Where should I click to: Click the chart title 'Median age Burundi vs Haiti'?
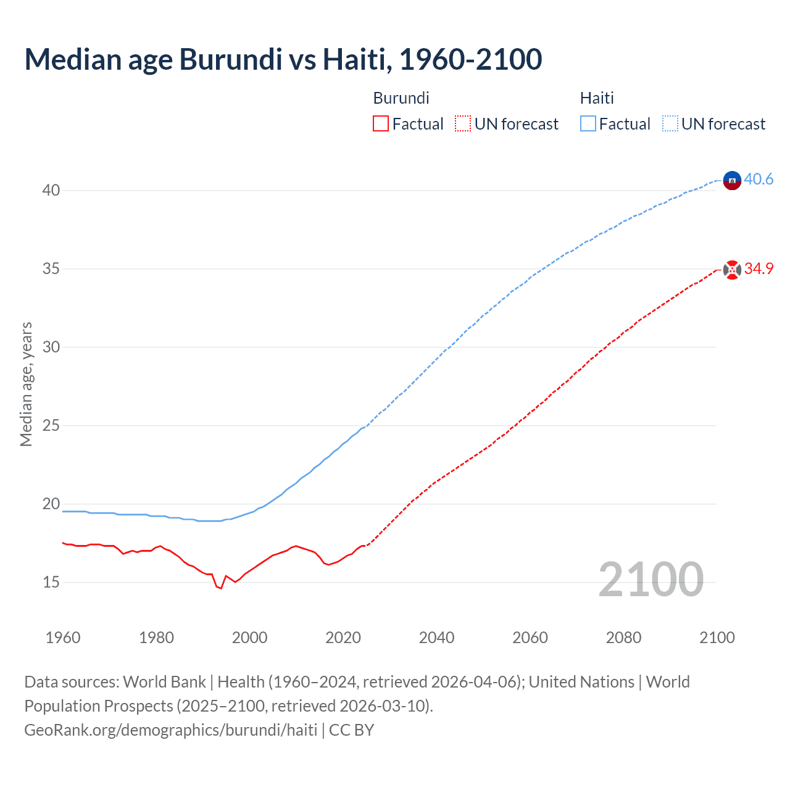click(283, 59)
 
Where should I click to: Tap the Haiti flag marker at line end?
click(732, 180)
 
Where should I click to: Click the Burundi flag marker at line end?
click(732, 270)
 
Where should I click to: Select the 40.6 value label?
click(759, 179)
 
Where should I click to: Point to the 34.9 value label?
click(759, 268)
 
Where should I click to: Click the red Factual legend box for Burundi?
click(381, 124)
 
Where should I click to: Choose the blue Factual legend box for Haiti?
click(588, 124)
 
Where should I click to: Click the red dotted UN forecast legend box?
click(463, 124)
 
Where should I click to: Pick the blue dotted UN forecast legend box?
click(670, 124)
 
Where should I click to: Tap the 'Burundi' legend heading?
click(401, 98)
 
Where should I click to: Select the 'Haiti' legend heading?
click(597, 98)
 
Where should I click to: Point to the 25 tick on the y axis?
click(51, 425)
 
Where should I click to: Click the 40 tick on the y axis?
click(51, 190)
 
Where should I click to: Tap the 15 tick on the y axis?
click(51, 582)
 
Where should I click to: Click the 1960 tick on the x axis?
click(63, 638)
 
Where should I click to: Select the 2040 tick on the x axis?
click(436, 638)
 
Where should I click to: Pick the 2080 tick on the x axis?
click(623, 638)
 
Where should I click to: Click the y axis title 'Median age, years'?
click(26, 384)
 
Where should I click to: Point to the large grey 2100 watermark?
click(651, 580)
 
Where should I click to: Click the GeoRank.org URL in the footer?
click(170, 730)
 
